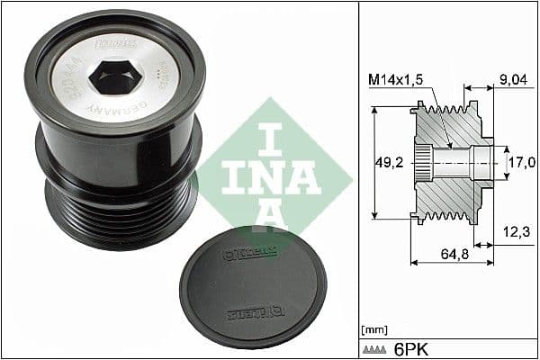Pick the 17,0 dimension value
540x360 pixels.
click(523, 162)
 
